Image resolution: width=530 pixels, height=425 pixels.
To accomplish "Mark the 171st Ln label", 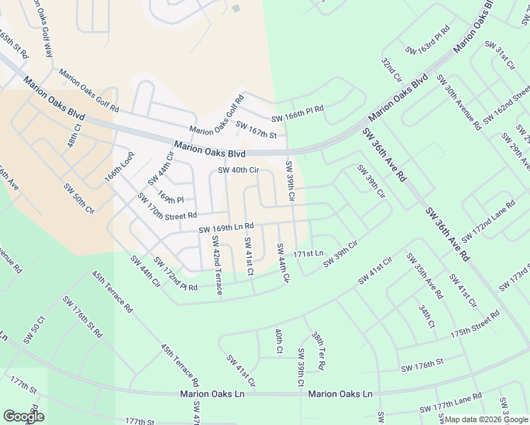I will coord(309,254).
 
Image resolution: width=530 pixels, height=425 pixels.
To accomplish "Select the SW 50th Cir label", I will coord(79,198).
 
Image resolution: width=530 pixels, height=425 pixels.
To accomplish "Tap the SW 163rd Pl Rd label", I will coord(428,40).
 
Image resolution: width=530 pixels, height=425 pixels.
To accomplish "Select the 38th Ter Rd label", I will coord(318,351).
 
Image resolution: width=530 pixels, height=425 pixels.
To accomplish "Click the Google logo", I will coord(23,416).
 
